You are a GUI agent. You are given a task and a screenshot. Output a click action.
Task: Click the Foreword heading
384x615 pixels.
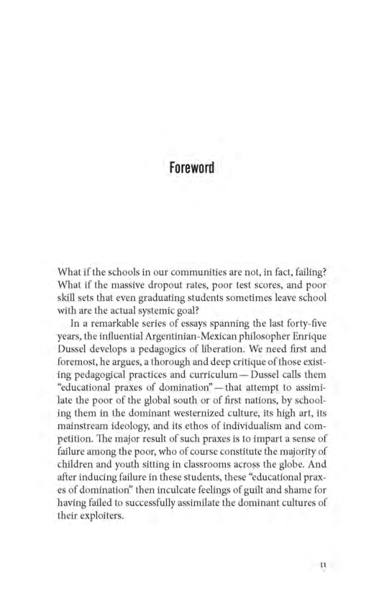coord(191,168)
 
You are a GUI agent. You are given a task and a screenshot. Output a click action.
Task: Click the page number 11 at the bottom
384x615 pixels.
coord(323,564)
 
